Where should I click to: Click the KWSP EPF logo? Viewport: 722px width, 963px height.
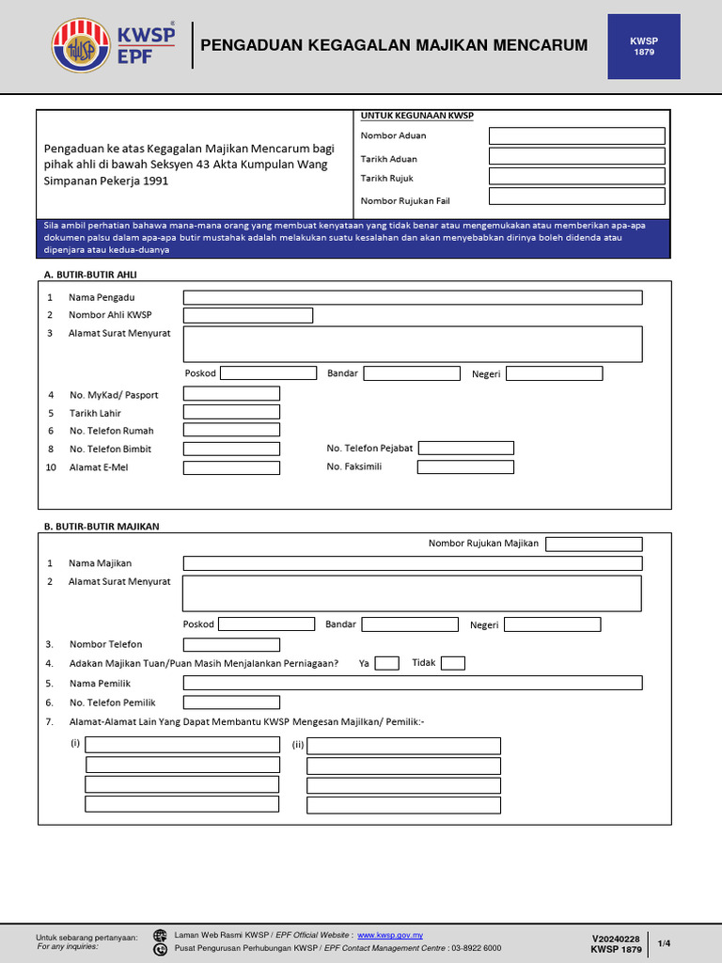(115, 46)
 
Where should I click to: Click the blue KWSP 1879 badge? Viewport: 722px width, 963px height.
(643, 46)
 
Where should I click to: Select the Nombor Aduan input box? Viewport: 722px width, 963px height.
(576, 136)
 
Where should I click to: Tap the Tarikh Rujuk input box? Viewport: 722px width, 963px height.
(576, 177)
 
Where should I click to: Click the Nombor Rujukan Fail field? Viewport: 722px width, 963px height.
(576, 197)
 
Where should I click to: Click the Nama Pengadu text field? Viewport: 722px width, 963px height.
(413, 298)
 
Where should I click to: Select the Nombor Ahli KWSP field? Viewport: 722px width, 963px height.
(247, 316)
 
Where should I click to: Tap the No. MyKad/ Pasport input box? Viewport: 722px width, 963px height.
(231, 394)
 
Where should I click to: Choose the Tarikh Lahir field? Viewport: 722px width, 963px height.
(231, 412)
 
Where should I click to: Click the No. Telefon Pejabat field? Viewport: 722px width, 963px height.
(465, 449)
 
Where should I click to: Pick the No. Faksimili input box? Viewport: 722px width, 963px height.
(465, 466)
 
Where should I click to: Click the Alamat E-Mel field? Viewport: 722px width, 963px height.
(231, 467)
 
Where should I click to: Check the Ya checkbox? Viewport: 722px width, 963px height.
(386, 664)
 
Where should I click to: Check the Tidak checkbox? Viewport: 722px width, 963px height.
(452, 664)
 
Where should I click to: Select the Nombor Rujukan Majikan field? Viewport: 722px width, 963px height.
(593, 545)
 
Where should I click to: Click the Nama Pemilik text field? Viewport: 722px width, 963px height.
(413, 683)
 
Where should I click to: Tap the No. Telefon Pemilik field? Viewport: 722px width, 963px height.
(231, 702)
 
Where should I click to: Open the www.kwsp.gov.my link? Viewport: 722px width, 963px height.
(390, 936)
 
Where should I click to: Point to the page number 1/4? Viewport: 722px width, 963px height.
(664, 943)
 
